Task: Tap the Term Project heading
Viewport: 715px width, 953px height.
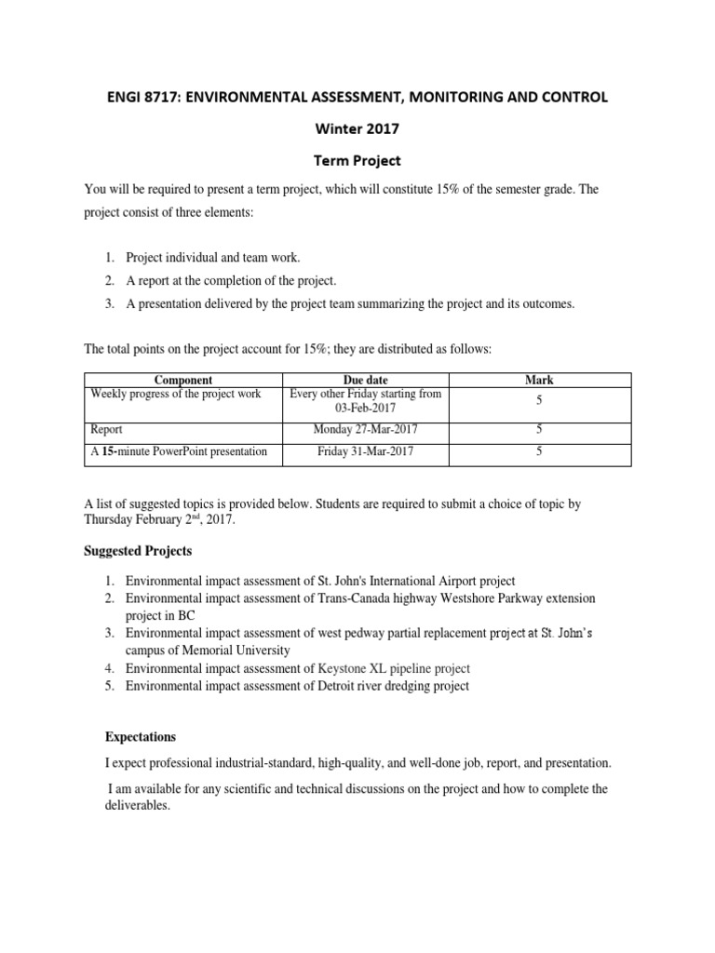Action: click(357, 160)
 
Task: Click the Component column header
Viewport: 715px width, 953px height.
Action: click(182, 380)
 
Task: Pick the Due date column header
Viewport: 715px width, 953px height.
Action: click(366, 380)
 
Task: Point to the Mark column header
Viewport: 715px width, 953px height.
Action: click(538, 380)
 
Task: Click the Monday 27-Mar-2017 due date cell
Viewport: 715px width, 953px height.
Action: click(366, 430)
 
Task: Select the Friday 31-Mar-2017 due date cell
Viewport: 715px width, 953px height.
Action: click(366, 451)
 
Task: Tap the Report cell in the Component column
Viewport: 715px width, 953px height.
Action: click(107, 430)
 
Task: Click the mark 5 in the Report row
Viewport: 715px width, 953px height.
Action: click(538, 430)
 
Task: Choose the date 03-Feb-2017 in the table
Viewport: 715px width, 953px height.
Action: click(366, 408)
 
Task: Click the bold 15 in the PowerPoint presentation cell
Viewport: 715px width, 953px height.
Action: click(108, 451)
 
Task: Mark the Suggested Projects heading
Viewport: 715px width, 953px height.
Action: click(138, 551)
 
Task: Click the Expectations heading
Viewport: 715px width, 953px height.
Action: click(141, 736)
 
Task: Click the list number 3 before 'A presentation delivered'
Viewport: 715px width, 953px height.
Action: click(108, 304)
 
